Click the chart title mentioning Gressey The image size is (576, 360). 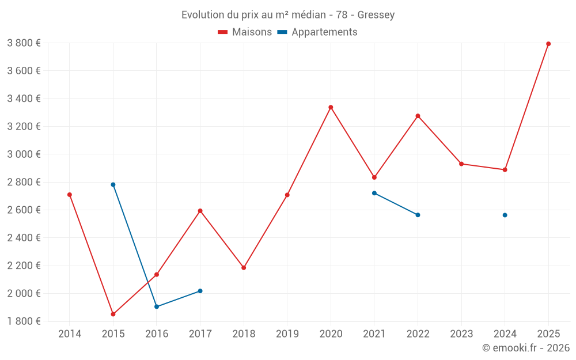(x=288, y=15)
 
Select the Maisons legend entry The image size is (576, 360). (x=245, y=32)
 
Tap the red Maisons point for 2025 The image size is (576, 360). (x=548, y=44)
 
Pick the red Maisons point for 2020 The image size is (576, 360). (x=331, y=107)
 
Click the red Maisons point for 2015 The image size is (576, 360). (x=113, y=314)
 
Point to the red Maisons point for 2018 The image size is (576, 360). (x=244, y=268)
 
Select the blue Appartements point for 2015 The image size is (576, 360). (x=113, y=185)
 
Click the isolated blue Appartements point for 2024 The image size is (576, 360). (x=505, y=215)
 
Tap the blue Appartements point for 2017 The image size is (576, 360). (x=200, y=291)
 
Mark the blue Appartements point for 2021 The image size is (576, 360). (x=374, y=193)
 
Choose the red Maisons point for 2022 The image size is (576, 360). (x=418, y=116)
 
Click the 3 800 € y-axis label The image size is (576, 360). (x=24, y=43)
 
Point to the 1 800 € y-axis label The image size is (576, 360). (x=24, y=321)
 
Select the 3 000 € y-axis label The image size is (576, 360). (x=24, y=154)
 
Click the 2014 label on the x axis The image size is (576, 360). (x=70, y=334)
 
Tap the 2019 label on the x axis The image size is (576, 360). (x=287, y=334)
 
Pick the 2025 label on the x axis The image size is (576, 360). (x=548, y=334)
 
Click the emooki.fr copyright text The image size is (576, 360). (x=525, y=348)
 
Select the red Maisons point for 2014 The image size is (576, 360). (x=70, y=195)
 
